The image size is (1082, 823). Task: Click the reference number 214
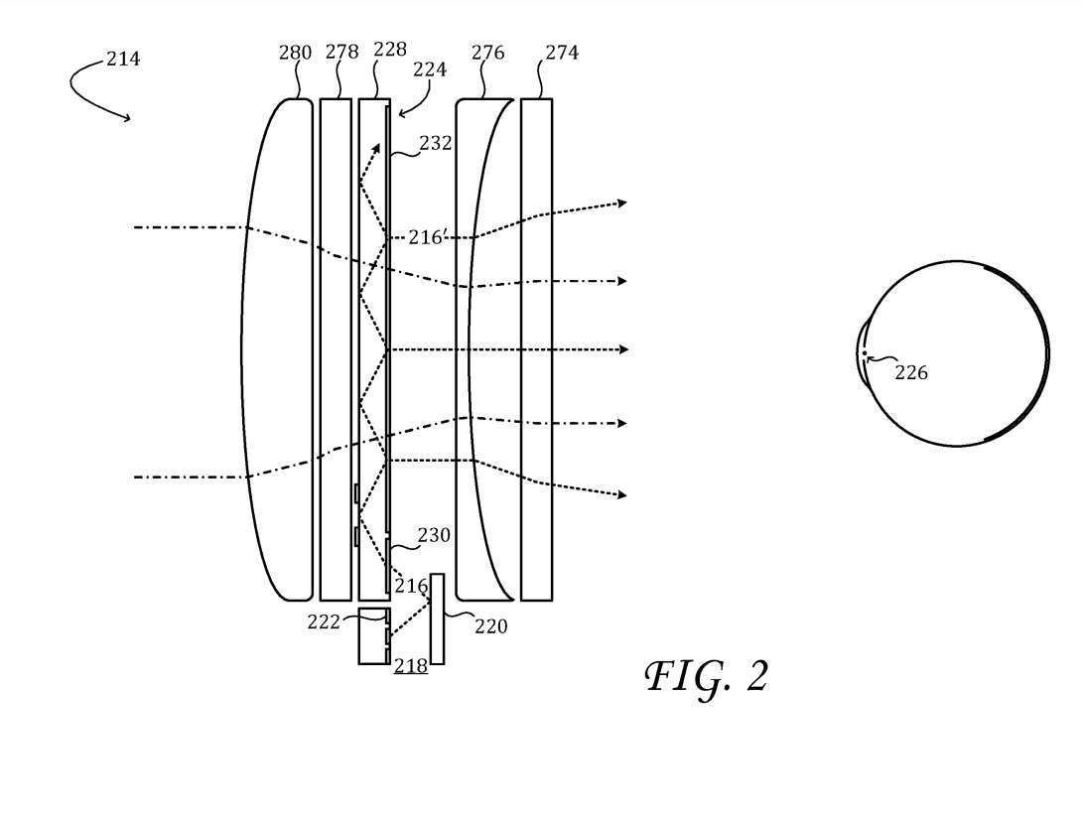click(123, 60)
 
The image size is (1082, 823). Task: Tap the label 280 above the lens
click(296, 53)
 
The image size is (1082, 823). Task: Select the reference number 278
click(341, 52)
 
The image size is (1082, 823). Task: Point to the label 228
click(390, 49)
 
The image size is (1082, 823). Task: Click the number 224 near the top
click(430, 69)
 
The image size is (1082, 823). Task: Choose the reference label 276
click(487, 53)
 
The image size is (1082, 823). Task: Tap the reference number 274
click(562, 53)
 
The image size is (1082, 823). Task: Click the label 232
click(436, 143)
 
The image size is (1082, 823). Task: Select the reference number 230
click(434, 535)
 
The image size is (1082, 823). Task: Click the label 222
click(324, 622)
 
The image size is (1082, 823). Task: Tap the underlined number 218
click(411, 666)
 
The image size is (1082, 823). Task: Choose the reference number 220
click(490, 626)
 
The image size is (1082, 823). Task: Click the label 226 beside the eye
click(911, 372)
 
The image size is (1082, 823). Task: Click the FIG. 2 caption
click(707, 677)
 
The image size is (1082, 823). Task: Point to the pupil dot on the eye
click(864, 353)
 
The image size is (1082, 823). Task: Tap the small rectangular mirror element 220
click(437, 618)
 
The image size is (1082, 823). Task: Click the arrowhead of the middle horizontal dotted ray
click(623, 349)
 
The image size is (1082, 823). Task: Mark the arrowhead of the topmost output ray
click(622, 203)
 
